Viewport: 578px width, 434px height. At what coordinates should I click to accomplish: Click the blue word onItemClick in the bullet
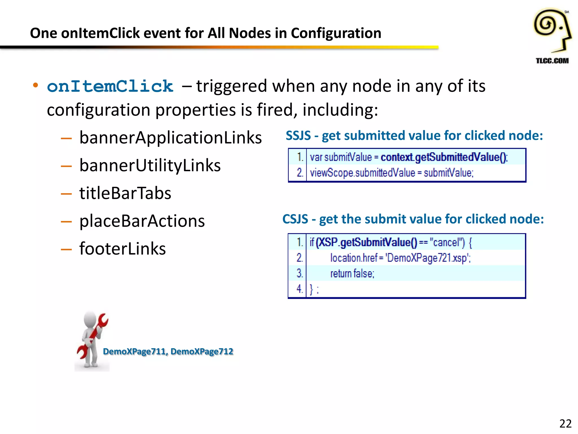tap(110, 86)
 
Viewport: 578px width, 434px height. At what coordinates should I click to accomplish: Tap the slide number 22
tap(565, 424)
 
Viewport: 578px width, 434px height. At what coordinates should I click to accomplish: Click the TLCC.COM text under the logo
tap(552, 61)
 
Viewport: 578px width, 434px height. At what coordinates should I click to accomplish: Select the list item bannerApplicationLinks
tap(170, 138)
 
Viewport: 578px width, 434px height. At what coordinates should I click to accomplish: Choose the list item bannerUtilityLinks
tap(150, 166)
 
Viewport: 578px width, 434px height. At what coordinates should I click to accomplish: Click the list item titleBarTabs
tap(125, 193)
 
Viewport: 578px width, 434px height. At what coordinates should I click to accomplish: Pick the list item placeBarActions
tap(142, 221)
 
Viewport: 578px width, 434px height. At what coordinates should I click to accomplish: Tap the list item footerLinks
tap(122, 249)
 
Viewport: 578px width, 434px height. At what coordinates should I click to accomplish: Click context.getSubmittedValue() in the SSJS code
tap(444, 157)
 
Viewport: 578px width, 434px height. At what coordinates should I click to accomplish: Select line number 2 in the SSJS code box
tap(300, 173)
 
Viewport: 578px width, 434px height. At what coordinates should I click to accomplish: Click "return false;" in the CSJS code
tap(352, 274)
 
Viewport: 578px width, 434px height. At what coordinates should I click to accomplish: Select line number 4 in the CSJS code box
tap(299, 289)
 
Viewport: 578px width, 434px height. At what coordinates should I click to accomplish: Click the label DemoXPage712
tap(202, 351)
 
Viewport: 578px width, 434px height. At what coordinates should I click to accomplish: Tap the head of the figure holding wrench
tap(90, 319)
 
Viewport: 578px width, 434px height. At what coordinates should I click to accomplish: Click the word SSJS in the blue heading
tap(298, 136)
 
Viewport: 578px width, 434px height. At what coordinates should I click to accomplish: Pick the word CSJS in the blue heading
tap(295, 219)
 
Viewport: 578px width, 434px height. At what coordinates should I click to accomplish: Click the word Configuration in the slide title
tap(336, 33)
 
